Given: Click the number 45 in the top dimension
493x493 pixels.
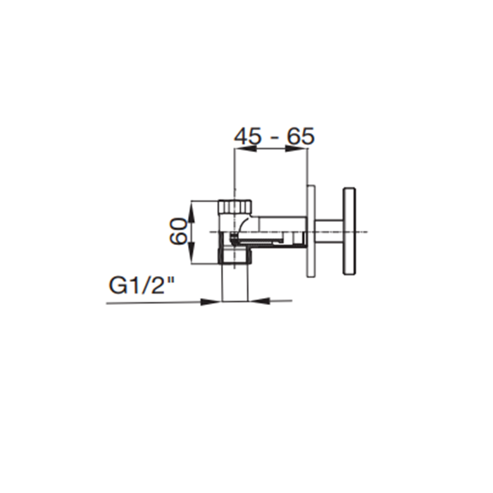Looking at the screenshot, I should (x=248, y=136).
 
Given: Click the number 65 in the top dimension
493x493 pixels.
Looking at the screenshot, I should (x=299, y=136).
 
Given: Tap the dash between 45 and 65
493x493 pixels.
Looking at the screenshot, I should (x=273, y=137).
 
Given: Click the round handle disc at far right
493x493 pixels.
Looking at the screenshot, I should (x=349, y=232).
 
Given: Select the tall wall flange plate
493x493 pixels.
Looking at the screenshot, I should (x=311, y=231).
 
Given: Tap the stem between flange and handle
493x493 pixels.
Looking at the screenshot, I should (x=329, y=231).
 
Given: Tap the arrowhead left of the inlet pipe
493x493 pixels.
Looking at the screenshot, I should (x=213, y=301).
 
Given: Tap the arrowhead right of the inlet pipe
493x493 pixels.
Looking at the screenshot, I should (x=256, y=301).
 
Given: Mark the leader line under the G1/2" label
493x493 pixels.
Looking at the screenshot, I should (x=155, y=303).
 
